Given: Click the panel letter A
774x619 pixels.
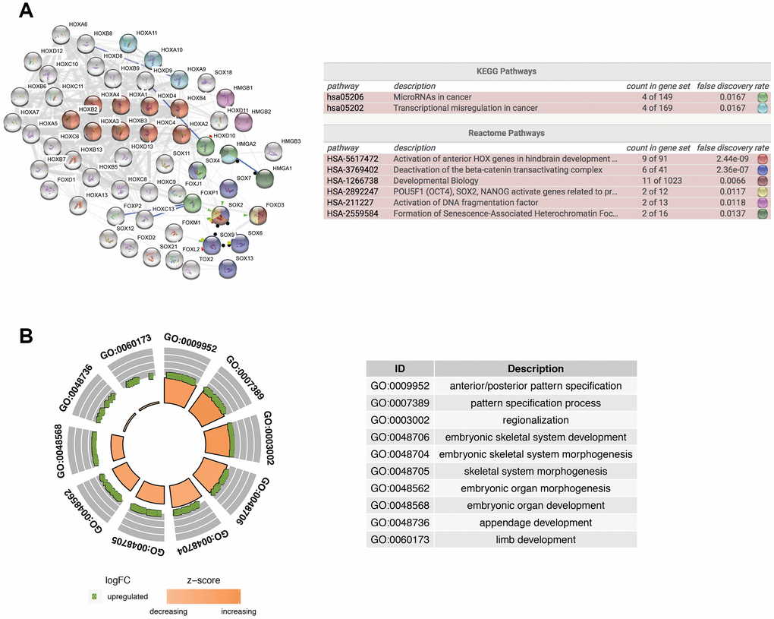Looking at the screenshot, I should pyautogui.click(x=26, y=11).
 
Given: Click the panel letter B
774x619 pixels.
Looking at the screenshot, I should pyautogui.click(x=26, y=335).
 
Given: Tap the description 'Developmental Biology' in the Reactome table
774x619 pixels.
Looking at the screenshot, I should pyautogui.click(x=436, y=181).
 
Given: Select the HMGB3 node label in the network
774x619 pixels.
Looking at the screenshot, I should pyautogui.click(x=291, y=142).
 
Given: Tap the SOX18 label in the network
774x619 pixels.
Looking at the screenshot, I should pyautogui.click(x=223, y=71).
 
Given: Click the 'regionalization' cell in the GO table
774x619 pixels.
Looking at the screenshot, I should pyautogui.click(x=535, y=420).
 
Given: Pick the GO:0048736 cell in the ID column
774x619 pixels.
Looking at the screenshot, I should pyautogui.click(x=399, y=523).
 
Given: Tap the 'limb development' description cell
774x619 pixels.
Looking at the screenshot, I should pyautogui.click(x=535, y=539).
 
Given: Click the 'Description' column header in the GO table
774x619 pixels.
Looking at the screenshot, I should pyautogui.click(x=535, y=369).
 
